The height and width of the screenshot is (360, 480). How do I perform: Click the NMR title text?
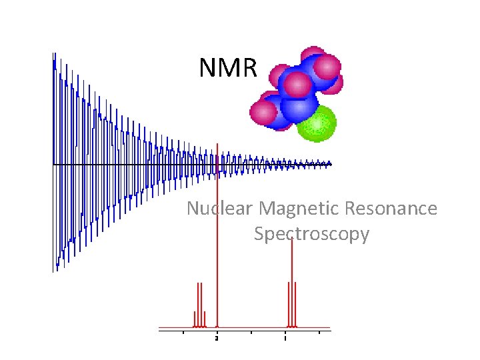[228, 67]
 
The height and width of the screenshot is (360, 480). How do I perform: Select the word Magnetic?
[299, 209]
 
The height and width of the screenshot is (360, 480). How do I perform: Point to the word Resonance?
[391, 209]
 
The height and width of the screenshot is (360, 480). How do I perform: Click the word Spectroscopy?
[311, 235]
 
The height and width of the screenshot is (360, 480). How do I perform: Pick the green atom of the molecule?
[317, 123]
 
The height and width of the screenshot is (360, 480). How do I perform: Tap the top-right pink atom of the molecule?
[327, 67]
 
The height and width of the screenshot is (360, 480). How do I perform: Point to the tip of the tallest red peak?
[217, 144]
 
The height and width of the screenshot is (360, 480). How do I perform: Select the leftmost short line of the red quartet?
[195, 319]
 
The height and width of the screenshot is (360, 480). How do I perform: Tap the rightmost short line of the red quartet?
[205, 319]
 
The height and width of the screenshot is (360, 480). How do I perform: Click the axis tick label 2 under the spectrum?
[217, 339]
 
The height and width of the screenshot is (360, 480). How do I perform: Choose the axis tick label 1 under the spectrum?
[285, 339]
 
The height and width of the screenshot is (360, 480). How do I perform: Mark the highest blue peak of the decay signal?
[53, 56]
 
